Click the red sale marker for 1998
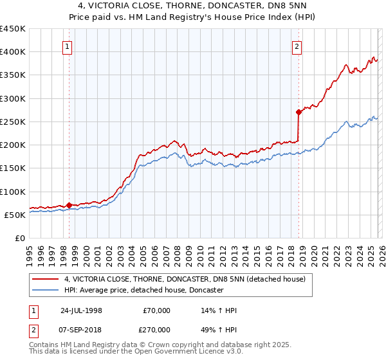click(69, 206)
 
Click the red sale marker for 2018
click(299, 112)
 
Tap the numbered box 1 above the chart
click(68, 46)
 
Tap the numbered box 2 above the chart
click(297, 46)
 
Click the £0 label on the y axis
click(19, 238)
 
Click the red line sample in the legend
click(46, 279)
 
